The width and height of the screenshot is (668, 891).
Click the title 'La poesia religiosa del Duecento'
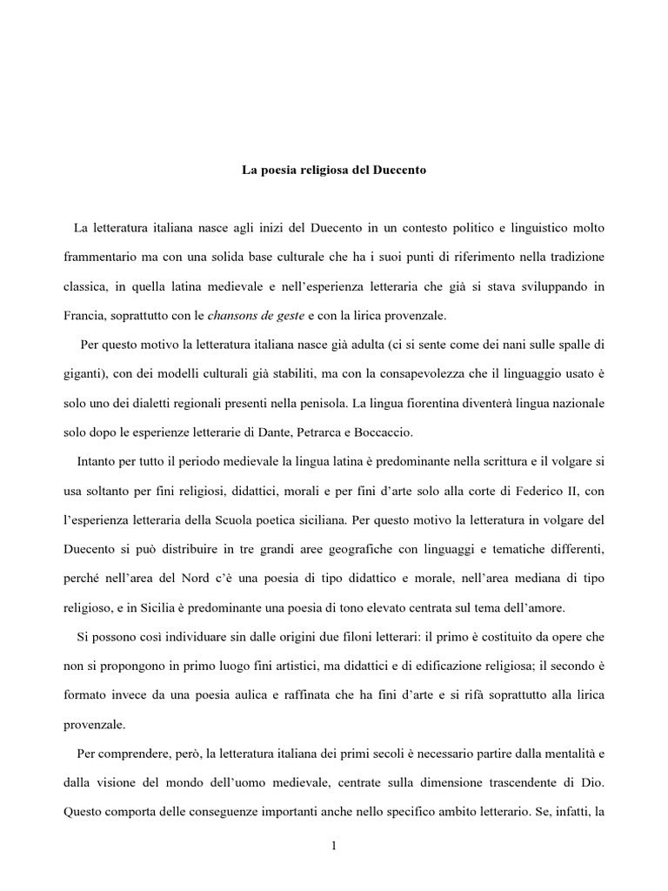point(333,171)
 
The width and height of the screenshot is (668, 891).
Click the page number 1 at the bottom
point(334,849)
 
